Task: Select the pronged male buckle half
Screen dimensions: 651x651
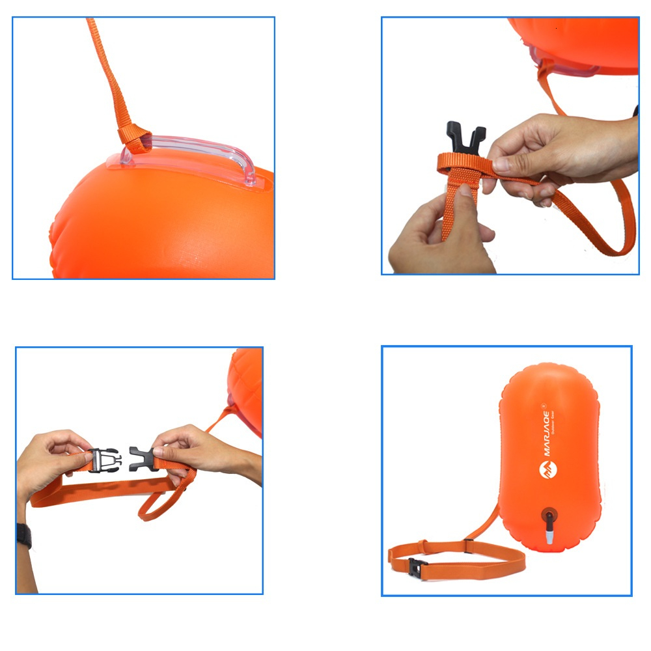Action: point(104,460)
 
